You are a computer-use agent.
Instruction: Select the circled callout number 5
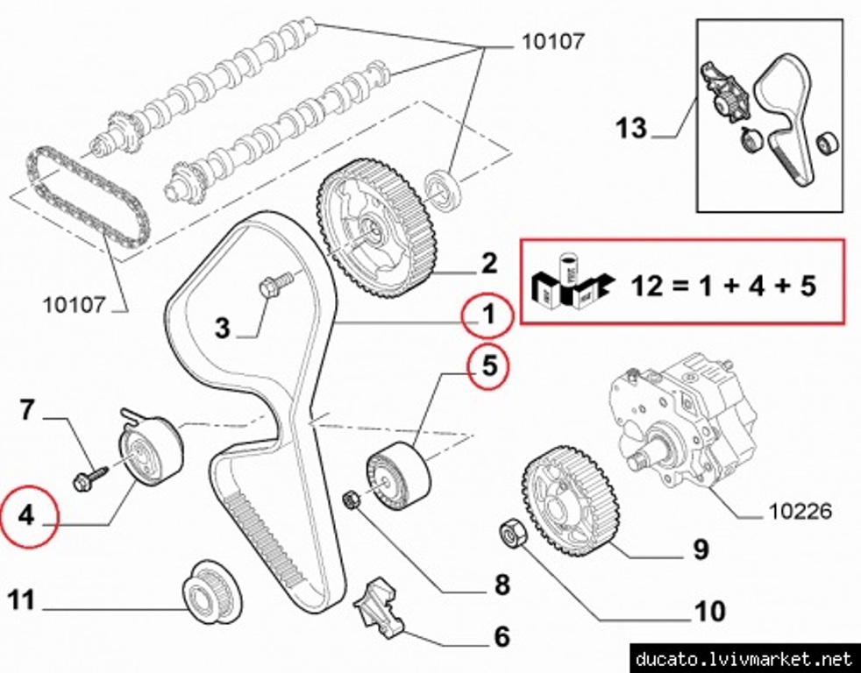click(487, 369)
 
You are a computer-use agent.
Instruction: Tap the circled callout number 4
click(26, 516)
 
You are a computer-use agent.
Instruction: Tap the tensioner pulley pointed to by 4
click(151, 450)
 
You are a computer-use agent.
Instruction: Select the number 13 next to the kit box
click(630, 129)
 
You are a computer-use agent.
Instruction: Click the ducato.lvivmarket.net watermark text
click(744, 658)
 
